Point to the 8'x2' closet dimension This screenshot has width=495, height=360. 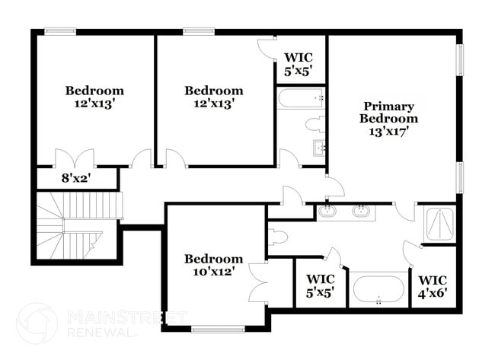tap(75, 179)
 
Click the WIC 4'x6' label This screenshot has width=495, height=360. tap(433, 285)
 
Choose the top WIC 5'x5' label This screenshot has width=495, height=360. tap(299, 64)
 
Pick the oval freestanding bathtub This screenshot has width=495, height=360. tap(378, 290)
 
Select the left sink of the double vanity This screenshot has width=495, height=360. tap(328, 210)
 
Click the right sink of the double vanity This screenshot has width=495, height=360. tap(361, 210)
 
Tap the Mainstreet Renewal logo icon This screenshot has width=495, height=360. tap(36, 323)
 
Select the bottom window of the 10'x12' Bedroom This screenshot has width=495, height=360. tap(215, 329)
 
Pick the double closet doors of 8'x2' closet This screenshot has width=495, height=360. tap(75, 158)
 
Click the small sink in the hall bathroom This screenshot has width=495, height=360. tap(318, 148)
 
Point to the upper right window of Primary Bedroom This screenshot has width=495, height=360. tap(460, 59)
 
